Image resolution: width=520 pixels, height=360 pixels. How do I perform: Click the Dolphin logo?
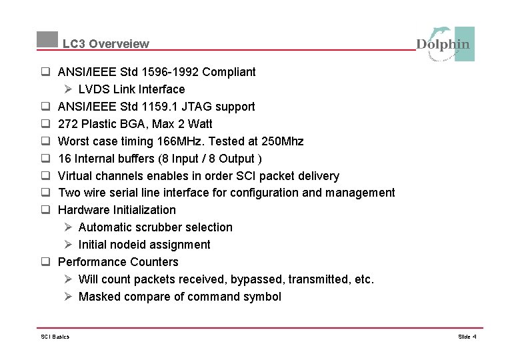click(445, 44)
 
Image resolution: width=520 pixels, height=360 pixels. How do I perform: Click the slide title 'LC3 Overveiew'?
click(106, 44)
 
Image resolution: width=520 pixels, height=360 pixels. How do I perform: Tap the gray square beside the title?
click(47, 39)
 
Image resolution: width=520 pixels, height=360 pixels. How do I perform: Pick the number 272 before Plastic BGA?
click(68, 123)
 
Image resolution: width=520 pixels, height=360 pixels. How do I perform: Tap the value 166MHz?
click(185, 141)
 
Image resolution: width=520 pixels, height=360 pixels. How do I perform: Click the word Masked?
click(99, 297)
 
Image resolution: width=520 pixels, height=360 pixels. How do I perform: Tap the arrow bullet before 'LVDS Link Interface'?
click(68, 89)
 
